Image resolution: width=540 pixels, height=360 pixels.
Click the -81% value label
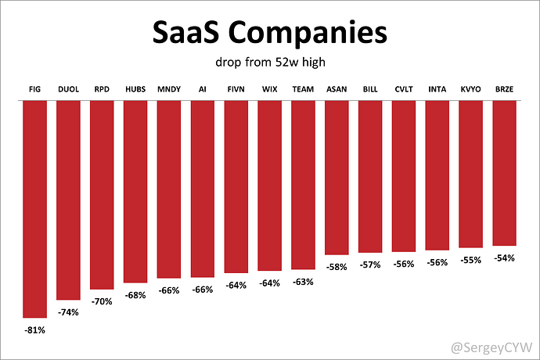(35, 329)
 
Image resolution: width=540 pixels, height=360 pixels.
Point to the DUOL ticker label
(69, 89)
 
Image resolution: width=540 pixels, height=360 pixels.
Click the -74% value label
(69, 311)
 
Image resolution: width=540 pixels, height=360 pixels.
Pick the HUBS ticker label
(135, 89)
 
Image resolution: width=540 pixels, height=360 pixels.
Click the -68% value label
(135, 294)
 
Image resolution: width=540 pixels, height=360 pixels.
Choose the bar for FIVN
(236, 188)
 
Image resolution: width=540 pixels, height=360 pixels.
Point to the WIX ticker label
(269, 89)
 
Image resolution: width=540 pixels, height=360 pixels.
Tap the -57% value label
(369, 265)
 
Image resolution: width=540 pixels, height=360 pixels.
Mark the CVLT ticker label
(403, 89)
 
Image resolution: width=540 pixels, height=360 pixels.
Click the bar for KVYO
(470, 175)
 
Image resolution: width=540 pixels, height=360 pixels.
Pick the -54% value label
(504, 257)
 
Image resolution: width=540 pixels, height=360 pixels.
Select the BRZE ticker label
(504, 89)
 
